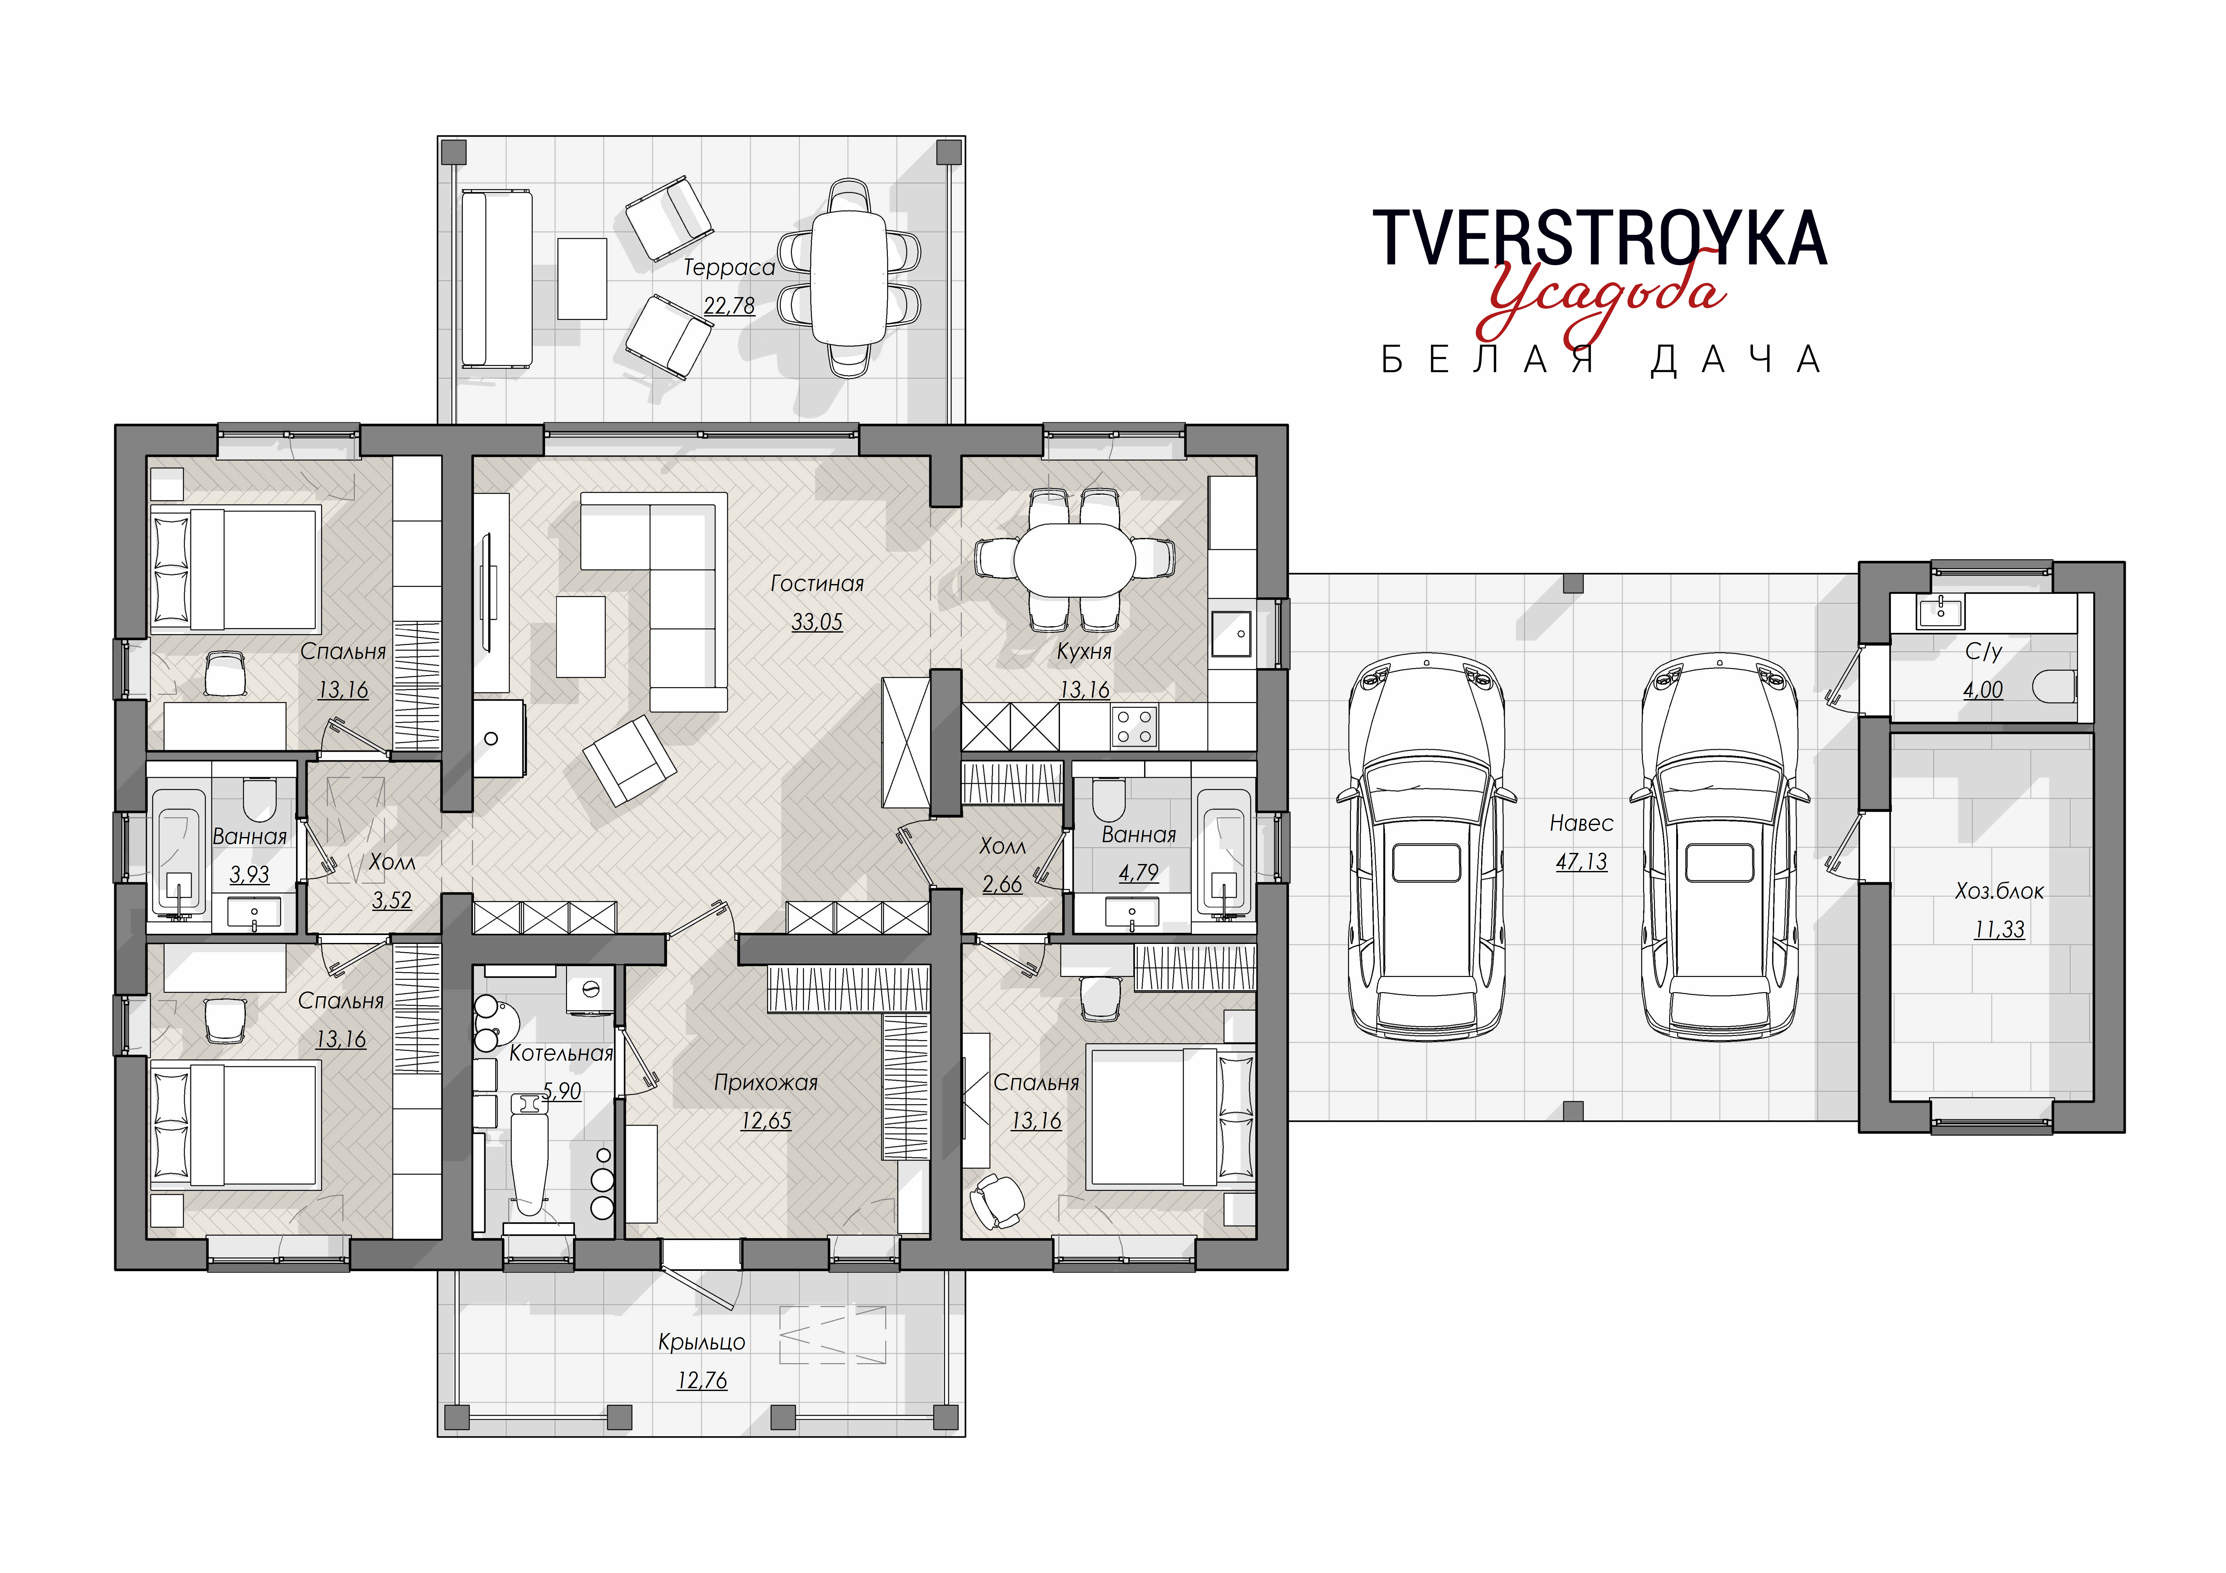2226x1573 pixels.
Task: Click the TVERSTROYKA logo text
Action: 1600,237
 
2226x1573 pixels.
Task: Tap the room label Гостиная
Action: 816,583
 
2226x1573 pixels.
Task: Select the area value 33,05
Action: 816,621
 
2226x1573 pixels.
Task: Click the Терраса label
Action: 729,268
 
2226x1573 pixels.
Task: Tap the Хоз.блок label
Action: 1999,891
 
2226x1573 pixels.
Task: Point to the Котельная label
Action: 561,1054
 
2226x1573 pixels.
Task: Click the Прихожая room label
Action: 766,1082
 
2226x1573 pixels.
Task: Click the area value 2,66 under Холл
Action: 1002,884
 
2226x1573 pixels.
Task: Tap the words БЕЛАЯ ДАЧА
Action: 1601,360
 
